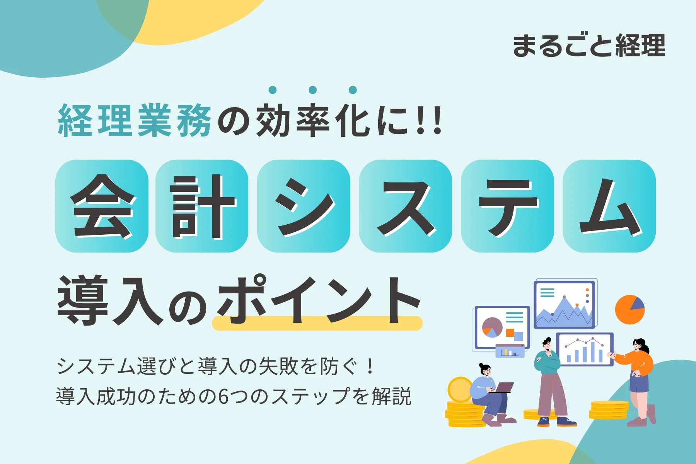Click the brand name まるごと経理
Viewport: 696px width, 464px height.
[x=589, y=46]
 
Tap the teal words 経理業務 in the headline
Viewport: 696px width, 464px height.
[x=135, y=121]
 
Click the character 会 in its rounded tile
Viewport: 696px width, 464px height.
[x=102, y=206]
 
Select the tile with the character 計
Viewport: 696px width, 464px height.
[x=202, y=206]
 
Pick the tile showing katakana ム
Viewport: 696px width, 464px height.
[x=609, y=206]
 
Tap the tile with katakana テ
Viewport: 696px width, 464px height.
[x=507, y=206]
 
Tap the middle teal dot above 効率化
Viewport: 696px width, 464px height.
[x=313, y=90]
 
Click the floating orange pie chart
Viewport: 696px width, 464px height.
[x=630, y=309]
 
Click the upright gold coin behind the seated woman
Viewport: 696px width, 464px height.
[x=460, y=390]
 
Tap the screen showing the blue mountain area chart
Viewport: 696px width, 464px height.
[x=565, y=305]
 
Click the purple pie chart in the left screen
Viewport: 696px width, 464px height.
[x=492, y=327]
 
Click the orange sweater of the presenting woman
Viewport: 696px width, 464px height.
[x=636, y=361]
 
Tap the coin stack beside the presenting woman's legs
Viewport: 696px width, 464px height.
[x=609, y=410]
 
